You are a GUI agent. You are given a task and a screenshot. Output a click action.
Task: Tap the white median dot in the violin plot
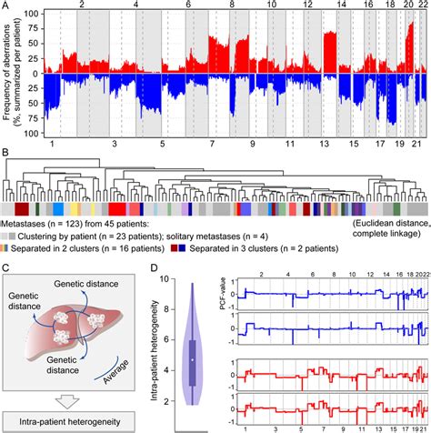[193, 361]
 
